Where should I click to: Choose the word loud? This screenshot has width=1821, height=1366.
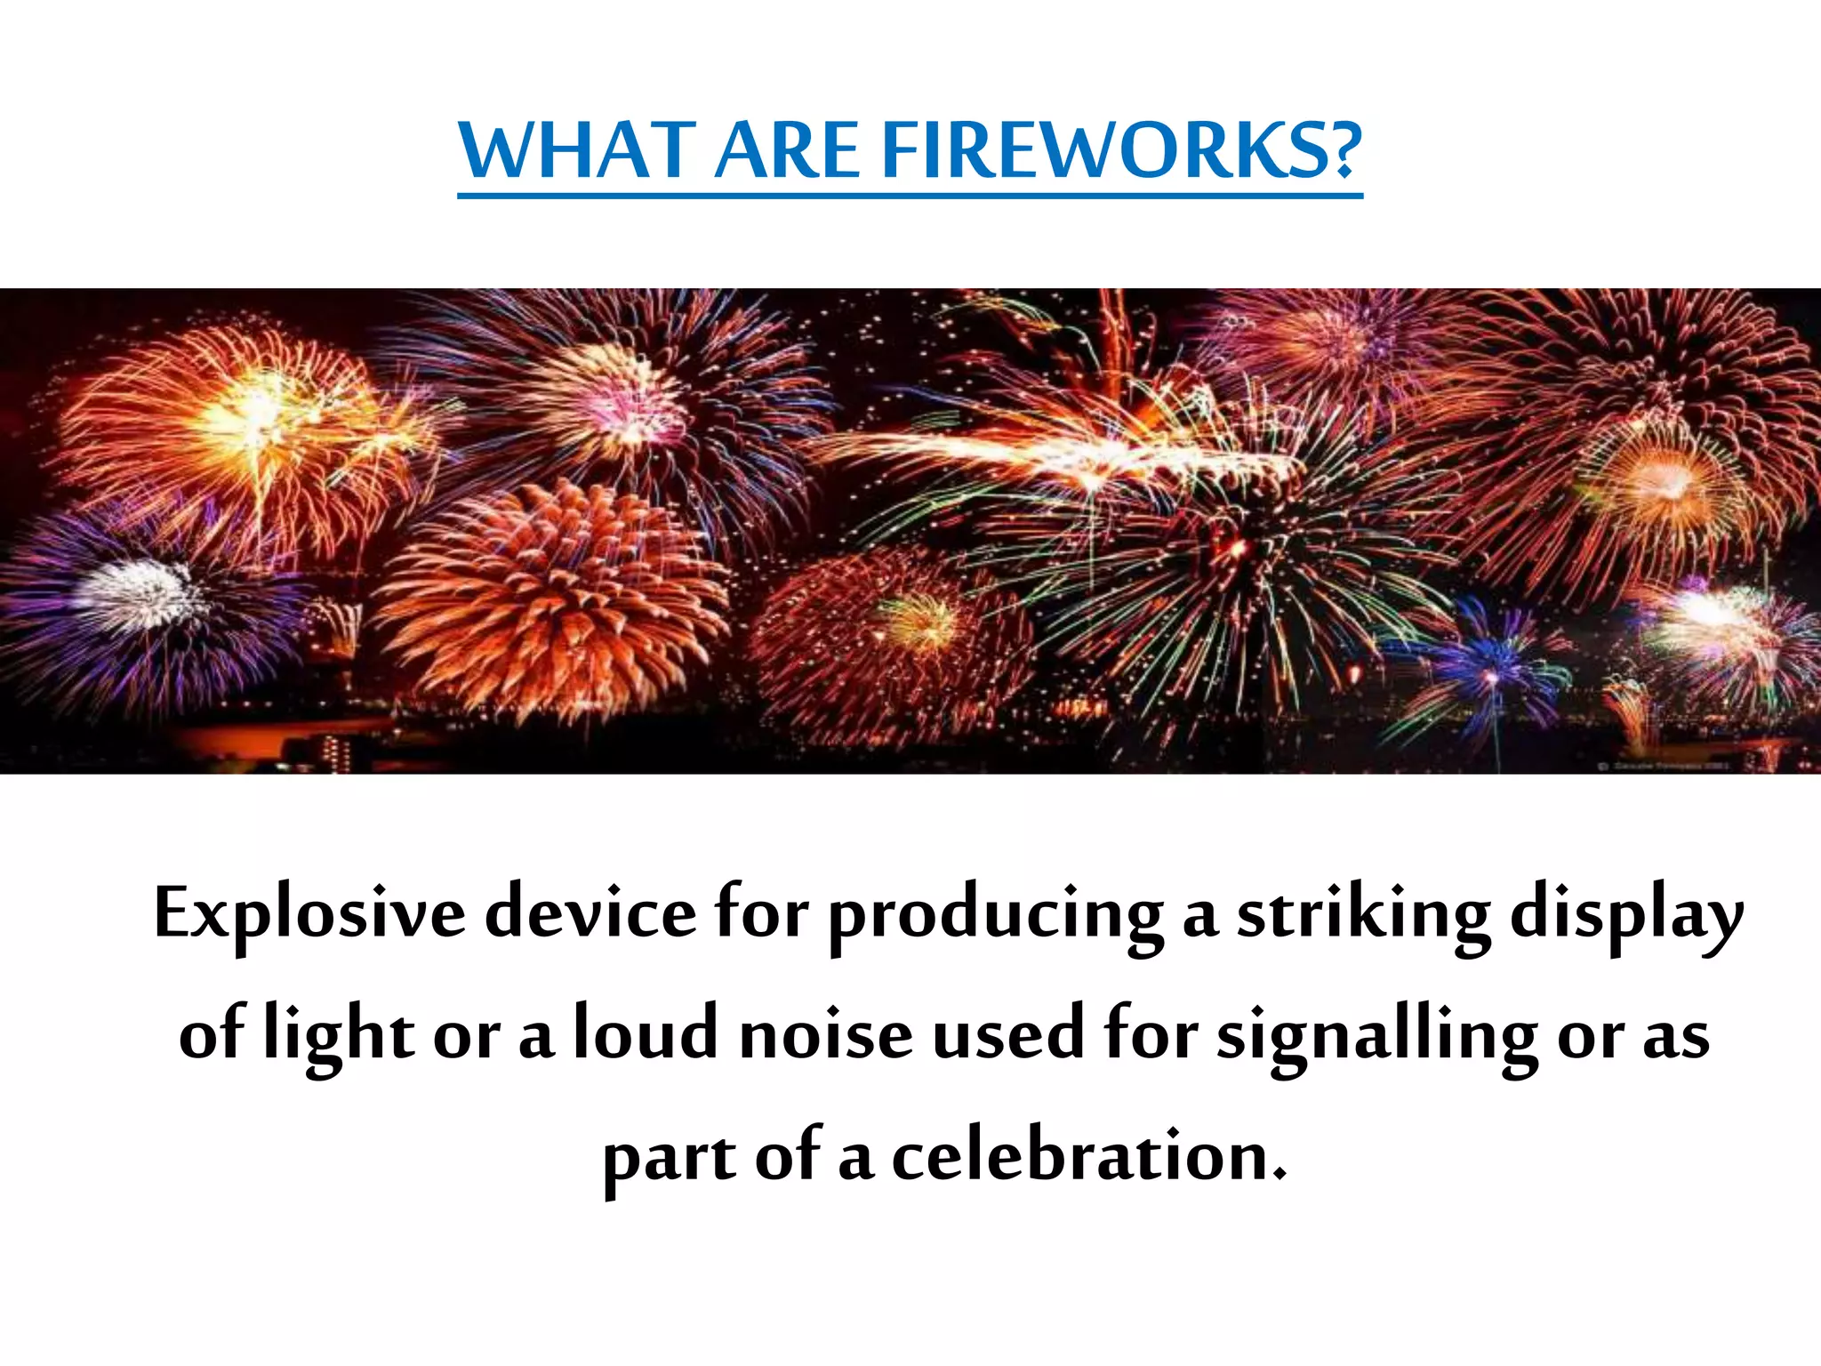pyautogui.click(x=645, y=1033)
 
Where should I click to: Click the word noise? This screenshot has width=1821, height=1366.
pyautogui.click(x=826, y=1035)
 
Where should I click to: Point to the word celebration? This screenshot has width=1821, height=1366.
pyautogui.click(x=1089, y=1156)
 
